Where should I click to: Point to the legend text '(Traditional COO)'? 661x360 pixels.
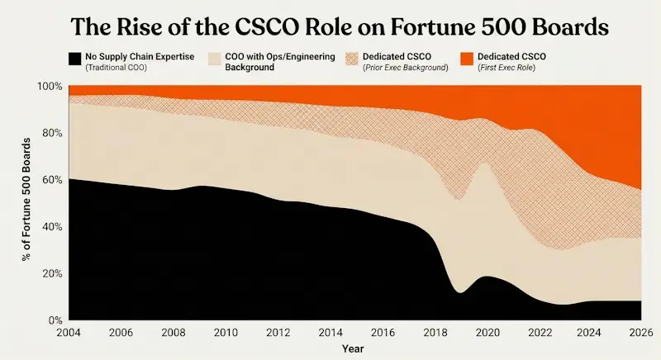116,67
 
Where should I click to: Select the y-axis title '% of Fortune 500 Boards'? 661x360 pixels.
27,203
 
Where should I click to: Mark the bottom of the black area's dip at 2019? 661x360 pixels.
459,292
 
